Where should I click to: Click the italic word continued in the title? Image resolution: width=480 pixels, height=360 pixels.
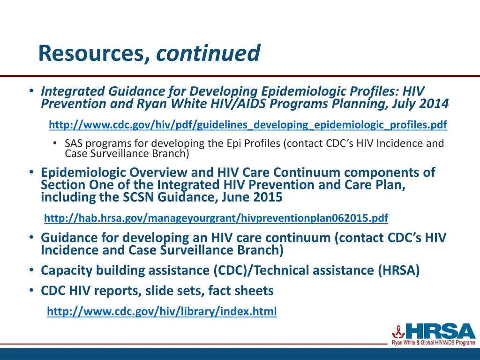208,53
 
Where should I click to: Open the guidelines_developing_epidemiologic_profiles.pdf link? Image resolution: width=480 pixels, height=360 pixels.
247,125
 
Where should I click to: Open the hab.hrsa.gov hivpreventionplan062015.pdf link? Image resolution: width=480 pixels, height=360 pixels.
216,218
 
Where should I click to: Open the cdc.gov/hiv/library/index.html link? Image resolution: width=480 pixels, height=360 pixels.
162,311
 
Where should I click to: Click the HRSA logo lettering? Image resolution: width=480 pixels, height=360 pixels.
441,332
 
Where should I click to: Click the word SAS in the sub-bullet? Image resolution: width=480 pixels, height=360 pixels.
74,143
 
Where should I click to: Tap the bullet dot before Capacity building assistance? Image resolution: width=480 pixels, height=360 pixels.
30,270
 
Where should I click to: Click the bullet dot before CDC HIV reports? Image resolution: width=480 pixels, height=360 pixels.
30,291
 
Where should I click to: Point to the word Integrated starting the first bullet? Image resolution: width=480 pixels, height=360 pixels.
73,91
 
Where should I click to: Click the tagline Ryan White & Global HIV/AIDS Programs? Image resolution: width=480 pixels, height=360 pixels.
434,343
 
